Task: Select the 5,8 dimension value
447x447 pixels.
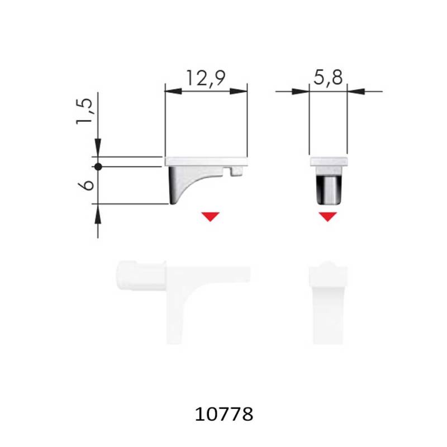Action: [328, 78]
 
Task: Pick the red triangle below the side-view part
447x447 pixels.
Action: [211, 217]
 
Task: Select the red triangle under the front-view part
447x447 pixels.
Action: [328, 217]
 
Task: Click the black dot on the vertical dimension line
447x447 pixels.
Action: [98, 167]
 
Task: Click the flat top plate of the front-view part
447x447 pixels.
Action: [328, 161]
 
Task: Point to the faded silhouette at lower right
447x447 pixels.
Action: [328, 302]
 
